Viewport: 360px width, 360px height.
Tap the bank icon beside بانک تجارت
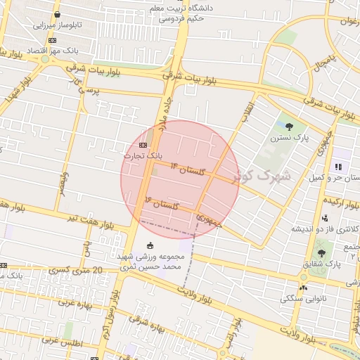coord(134,145)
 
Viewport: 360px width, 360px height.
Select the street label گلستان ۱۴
coord(194,170)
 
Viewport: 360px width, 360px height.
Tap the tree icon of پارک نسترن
coord(290,127)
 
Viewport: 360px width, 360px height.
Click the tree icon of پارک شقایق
coord(321,252)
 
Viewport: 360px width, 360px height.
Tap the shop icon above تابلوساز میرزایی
coord(56,14)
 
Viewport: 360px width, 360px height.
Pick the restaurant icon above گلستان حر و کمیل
coord(338,167)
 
